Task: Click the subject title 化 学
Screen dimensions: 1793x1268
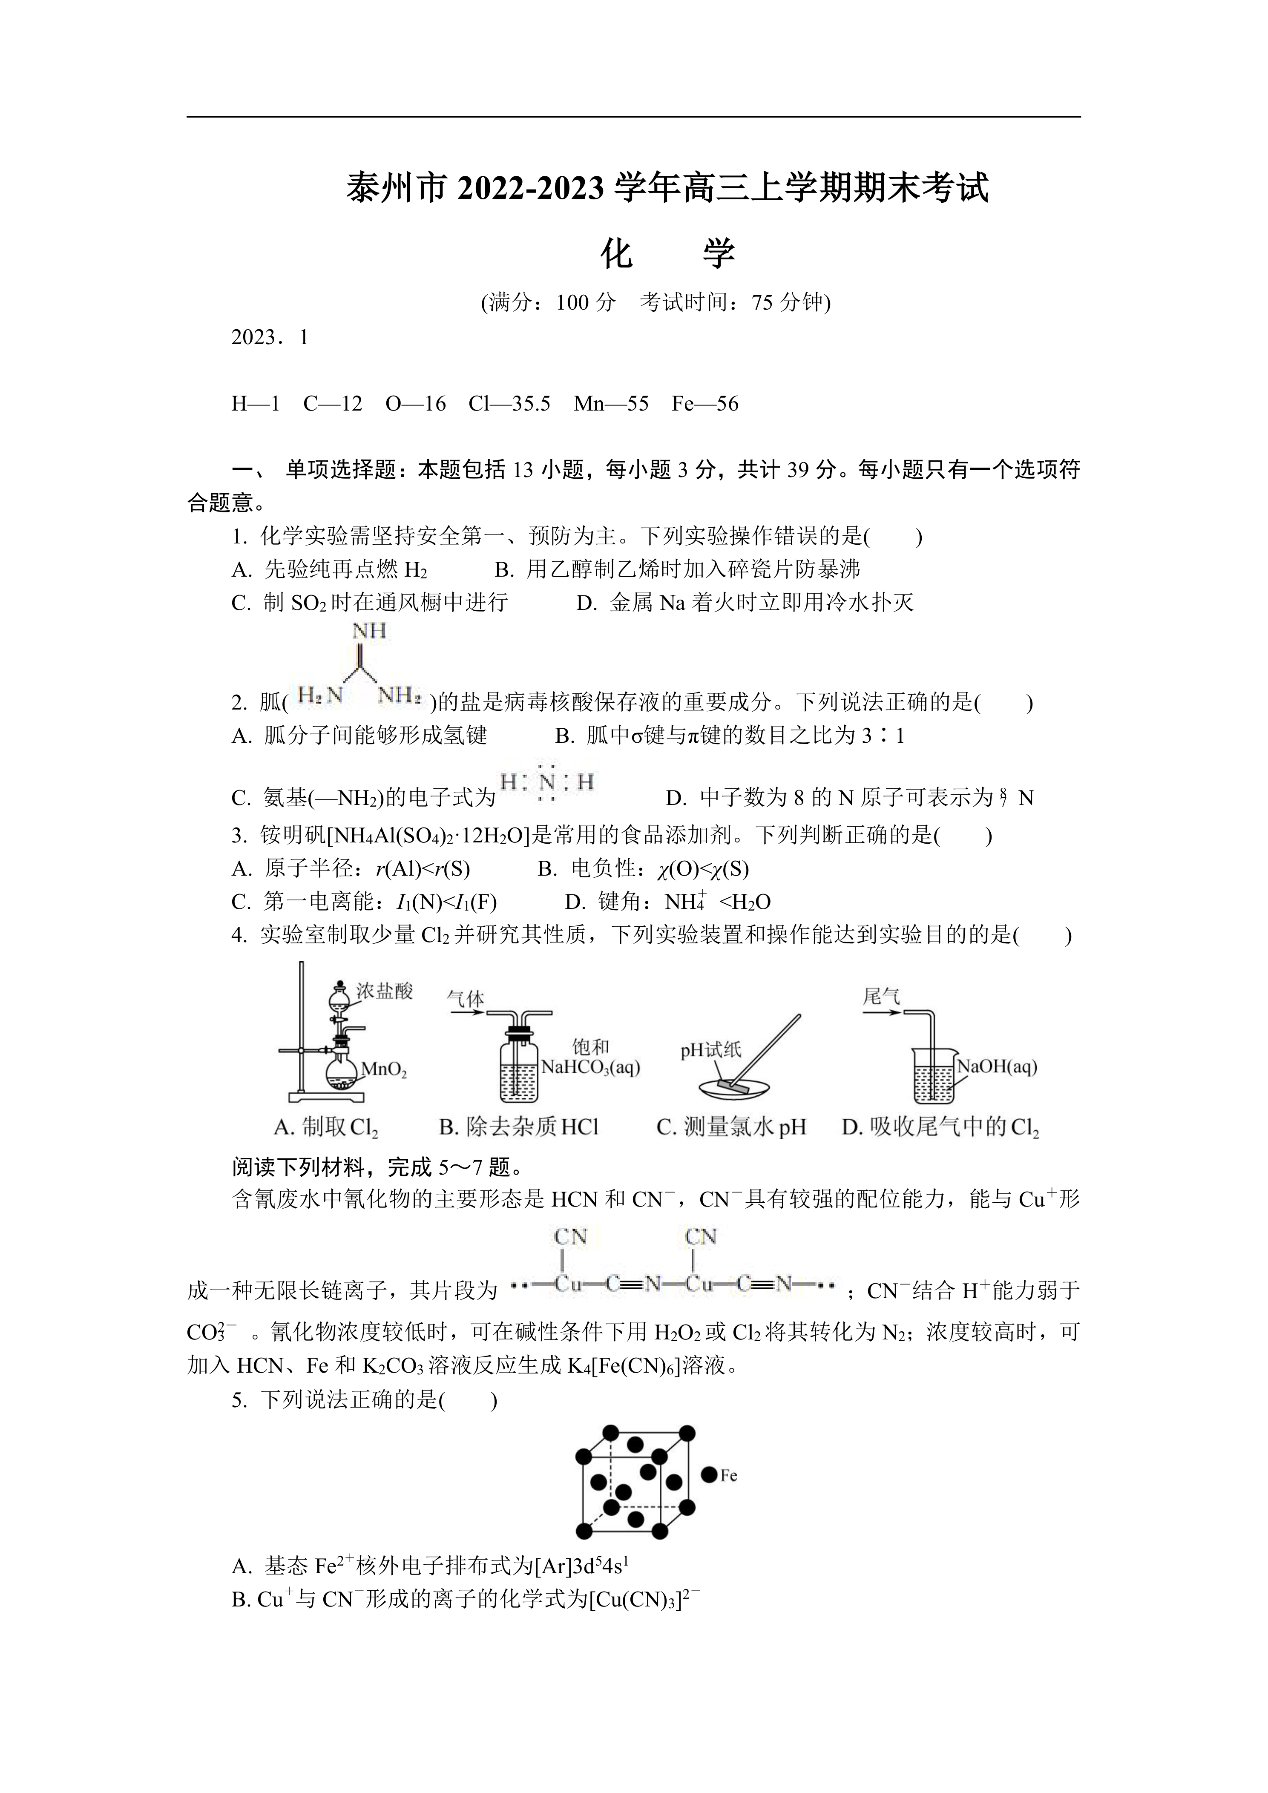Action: pyautogui.click(x=667, y=254)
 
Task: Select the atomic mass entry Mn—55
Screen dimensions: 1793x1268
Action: pyautogui.click(x=611, y=404)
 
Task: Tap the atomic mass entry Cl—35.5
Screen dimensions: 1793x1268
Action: pyautogui.click(x=509, y=404)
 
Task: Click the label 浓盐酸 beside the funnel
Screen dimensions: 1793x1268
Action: pyautogui.click(x=384, y=992)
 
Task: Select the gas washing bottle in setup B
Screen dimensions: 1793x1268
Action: pyautogui.click(x=518, y=1066)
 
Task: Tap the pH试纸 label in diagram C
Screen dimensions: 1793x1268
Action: pyautogui.click(x=710, y=1050)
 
